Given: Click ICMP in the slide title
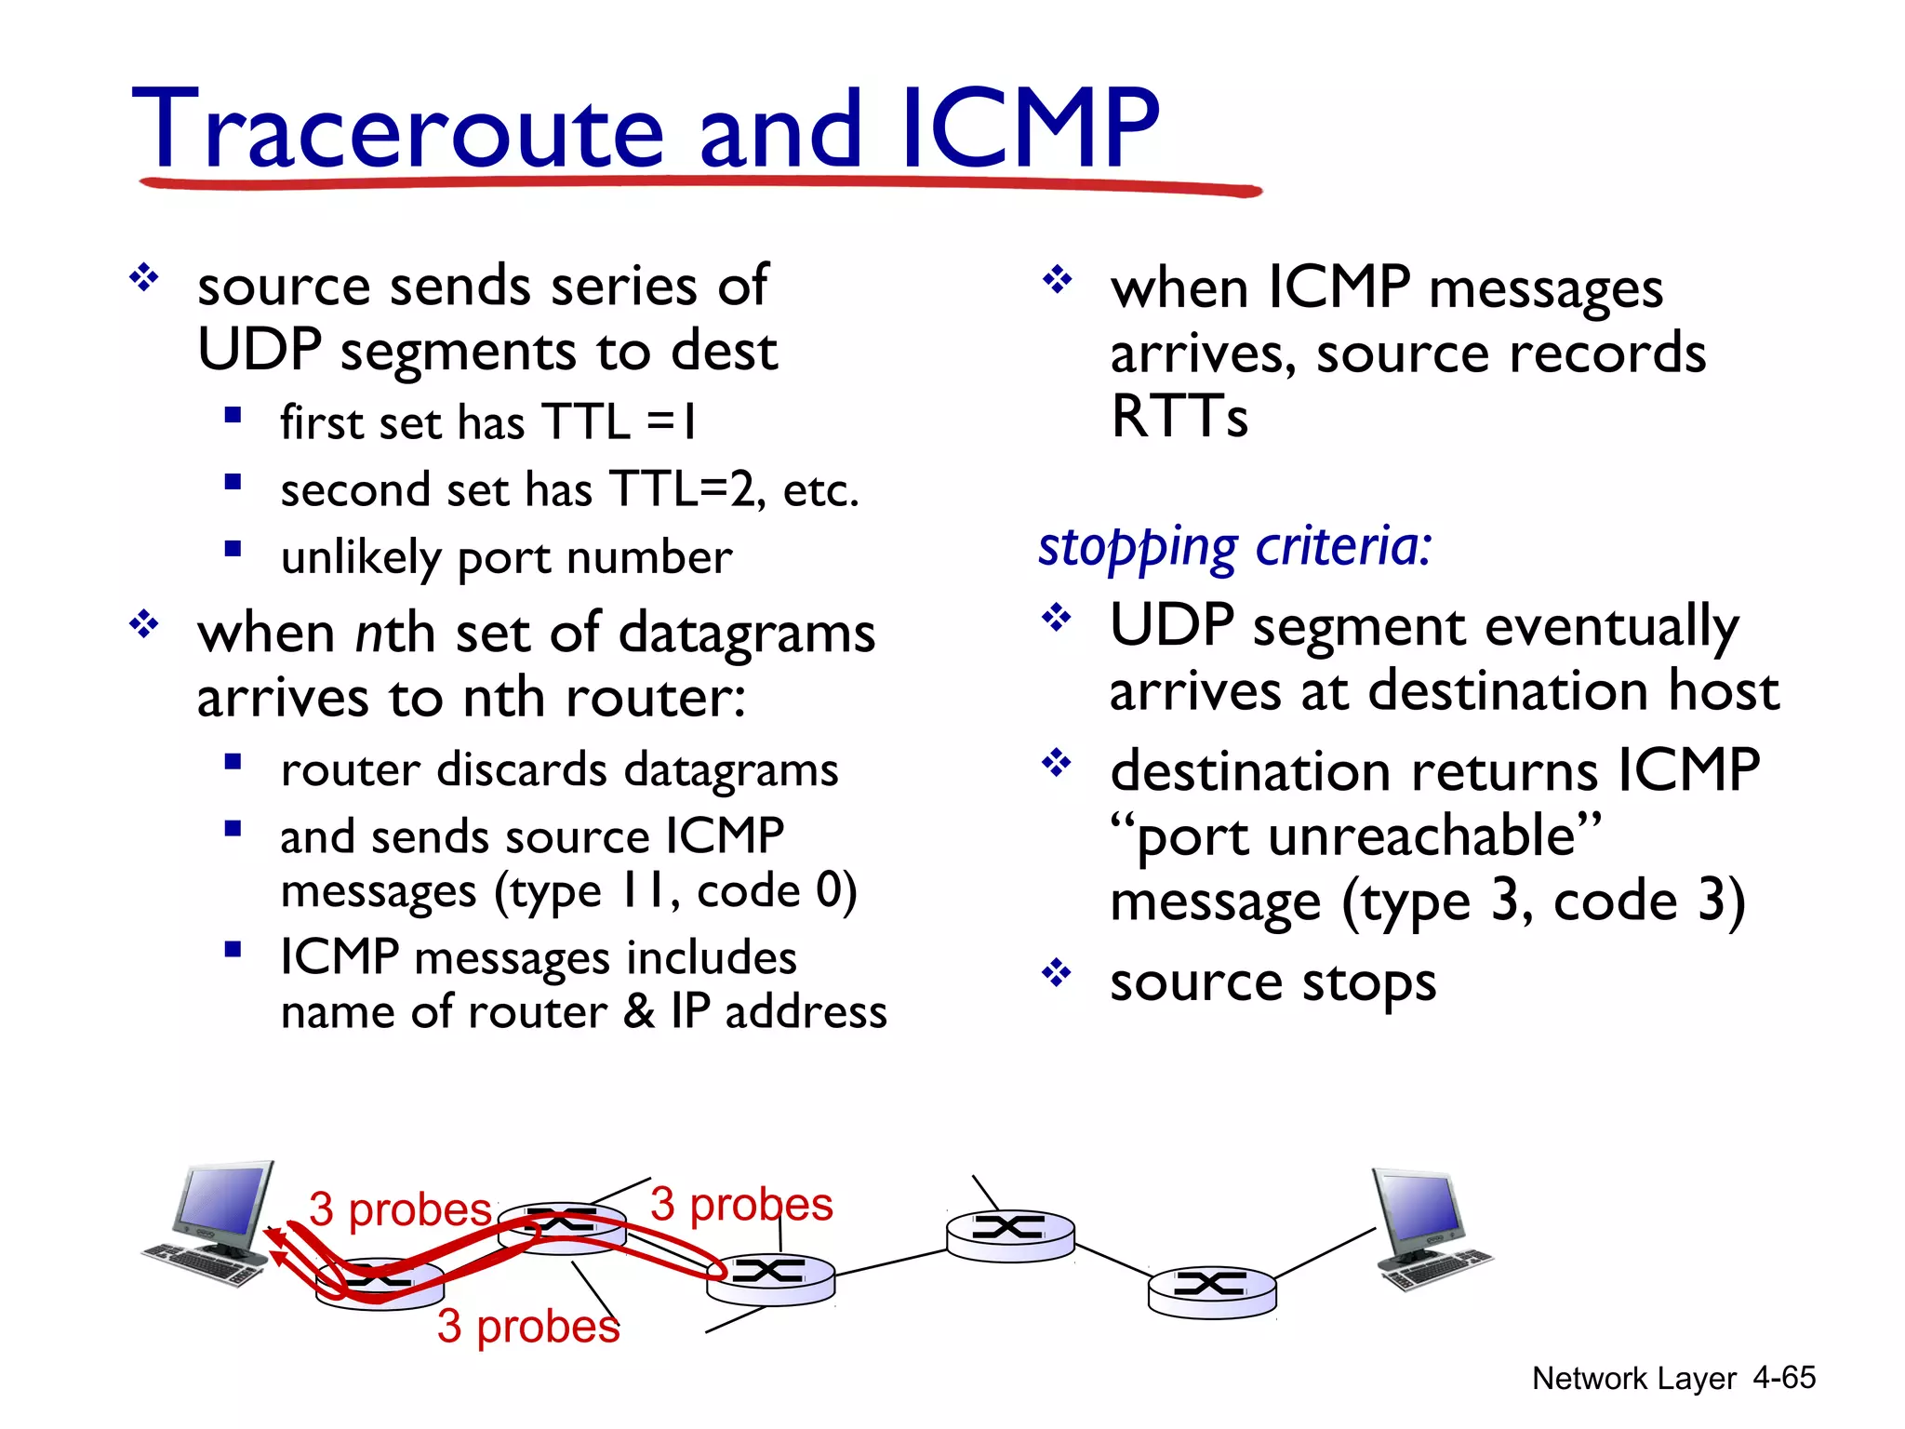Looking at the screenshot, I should tap(1031, 130).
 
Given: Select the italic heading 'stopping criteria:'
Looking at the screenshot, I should tap(1234, 547).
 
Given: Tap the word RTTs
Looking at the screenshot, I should tap(1179, 417).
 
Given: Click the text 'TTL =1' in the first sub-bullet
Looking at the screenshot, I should tap(619, 422).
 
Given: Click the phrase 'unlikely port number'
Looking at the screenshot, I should tap(506, 558).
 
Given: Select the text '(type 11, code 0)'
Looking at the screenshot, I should tap(675, 891).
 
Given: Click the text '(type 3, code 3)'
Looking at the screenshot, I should tap(1544, 901).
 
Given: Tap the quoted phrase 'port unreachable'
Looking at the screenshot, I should tap(1355, 835).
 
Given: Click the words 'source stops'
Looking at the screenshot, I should tap(1272, 982).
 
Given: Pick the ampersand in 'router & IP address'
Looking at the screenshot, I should tap(639, 1012).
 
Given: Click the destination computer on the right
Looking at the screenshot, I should tap(1429, 1228).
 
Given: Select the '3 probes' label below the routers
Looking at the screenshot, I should tap(527, 1326).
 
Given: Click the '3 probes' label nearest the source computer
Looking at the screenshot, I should tap(399, 1209).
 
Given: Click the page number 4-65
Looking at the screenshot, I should tap(1783, 1378).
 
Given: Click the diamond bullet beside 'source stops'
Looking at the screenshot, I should tap(1057, 974).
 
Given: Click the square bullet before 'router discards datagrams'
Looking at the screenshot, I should tap(233, 763).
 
